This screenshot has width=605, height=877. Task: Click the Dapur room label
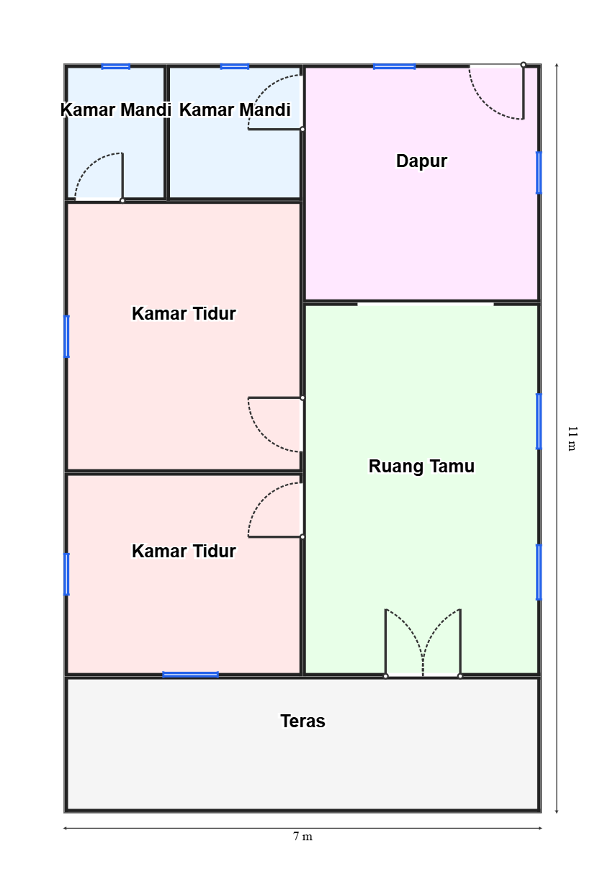point(421,161)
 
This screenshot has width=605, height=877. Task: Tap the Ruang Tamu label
point(421,467)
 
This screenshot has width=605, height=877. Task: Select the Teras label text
point(302,721)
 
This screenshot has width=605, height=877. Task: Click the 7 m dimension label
point(302,837)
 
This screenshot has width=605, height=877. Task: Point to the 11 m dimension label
point(572,438)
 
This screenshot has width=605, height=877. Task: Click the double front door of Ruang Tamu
point(423,643)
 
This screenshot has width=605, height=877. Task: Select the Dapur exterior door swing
point(497,92)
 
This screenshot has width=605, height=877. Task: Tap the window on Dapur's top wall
point(394,66)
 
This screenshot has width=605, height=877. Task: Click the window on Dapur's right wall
point(539,173)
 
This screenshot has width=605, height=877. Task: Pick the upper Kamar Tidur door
point(275,424)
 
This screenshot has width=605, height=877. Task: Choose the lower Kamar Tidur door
point(275,511)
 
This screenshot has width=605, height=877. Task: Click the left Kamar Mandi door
point(99,177)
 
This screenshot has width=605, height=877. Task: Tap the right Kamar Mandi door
point(275,102)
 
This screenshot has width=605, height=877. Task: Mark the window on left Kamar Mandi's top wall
point(115,66)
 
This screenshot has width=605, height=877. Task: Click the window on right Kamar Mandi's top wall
point(235,66)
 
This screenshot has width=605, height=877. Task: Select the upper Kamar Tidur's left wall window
point(66,336)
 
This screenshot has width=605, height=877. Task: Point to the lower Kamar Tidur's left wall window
point(66,575)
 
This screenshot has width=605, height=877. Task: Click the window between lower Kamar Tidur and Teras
point(191,675)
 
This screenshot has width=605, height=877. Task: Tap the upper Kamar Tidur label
point(184,314)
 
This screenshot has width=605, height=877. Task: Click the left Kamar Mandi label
point(116,110)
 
